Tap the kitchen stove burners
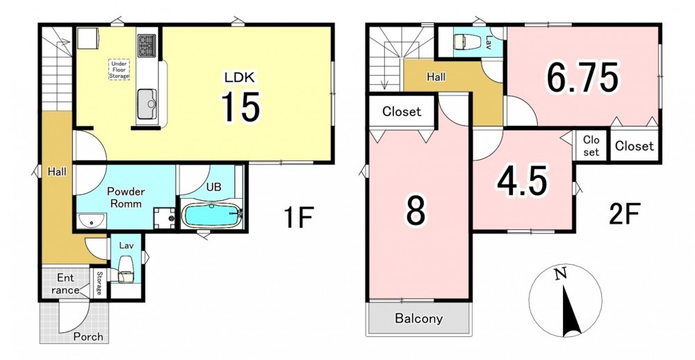point(147,45)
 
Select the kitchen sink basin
point(147,104)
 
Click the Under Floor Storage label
point(120,69)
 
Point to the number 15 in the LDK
point(240,106)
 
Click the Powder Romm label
point(126,198)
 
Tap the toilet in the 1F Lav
point(126,268)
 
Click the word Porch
point(88,336)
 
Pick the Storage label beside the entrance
point(99,283)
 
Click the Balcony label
point(419,318)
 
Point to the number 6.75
point(582,77)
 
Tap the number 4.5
point(522,182)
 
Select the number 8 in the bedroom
point(416,211)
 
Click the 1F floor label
point(299,218)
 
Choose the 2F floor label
point(624,215)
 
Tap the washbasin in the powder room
point(91,220)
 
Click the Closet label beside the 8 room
point(402,112)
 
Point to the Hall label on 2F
point(436,76)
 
